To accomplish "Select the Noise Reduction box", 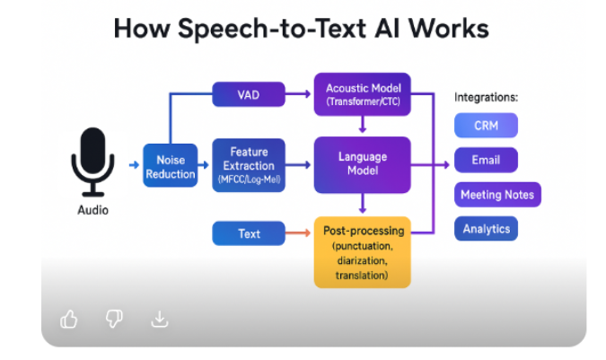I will [x=170, y=166].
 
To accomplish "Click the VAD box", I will [x=248, y=92].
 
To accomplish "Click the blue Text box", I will [x=249, y=233].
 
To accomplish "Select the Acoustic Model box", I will [x=362, y=93].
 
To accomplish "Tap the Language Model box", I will [x=362, y=163].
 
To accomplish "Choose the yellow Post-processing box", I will [x=362, y=252].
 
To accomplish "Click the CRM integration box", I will [x=486, y=127].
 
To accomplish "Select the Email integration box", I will [x=486, y=161].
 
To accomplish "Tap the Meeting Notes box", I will [x=496, y=195].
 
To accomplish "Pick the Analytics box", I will [x=486, y=229].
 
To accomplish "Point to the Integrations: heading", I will [x=487, y=97].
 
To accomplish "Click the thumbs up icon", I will [x=69, y=319].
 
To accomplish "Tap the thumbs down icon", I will [x=114, y=319].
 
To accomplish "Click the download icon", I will [x=159, y=319].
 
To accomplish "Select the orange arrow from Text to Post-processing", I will [x=299, y=234].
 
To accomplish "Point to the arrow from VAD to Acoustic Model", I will [x=299, y=92].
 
